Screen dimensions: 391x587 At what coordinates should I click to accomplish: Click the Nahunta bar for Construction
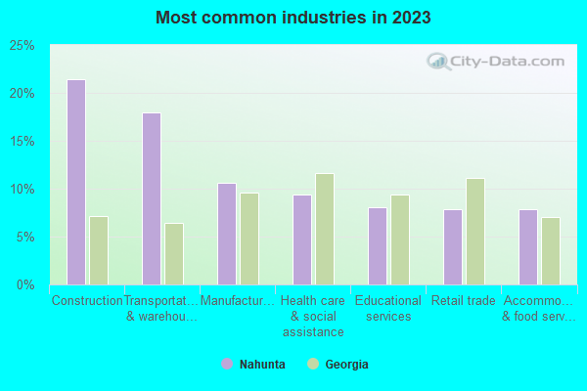pyautogui.click(x=75, y=182)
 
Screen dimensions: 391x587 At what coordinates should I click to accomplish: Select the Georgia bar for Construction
pyautogui.click(x=98, y=250)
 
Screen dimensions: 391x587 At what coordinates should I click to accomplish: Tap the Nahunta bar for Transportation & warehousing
pyautogui.click(x=151, y=198)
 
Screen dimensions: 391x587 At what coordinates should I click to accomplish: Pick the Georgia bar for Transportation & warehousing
pyautogui.click(x=173, y=254)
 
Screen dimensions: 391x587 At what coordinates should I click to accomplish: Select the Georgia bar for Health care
pyautogui.click(x=324, y=229)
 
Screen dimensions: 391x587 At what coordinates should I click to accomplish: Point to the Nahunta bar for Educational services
pyautogui.click(x=377, y=245)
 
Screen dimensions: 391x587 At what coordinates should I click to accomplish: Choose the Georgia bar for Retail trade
pyautogui.click(x=474, y=232)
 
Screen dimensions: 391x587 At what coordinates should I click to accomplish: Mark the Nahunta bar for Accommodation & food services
pyautogui.click(x=527, y=246)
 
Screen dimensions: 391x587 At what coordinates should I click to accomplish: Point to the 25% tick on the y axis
pyautogui.click(x=23, y=46)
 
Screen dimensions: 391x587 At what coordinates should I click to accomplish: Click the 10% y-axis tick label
pyautogui.click(x=23, y=189)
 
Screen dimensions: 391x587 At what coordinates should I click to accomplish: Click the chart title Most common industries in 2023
pyautogui.click(x=293, y=18)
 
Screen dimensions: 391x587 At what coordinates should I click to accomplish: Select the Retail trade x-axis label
pyautogui.click(x=464, y=301)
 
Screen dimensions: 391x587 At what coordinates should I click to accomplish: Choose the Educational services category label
pyautogui.click(x=387, y=308)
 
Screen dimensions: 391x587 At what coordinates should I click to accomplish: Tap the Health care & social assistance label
pyautogui.click(x=312, y=316)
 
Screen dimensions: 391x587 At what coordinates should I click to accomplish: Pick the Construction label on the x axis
pyautogui.click(x=87, y=301)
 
